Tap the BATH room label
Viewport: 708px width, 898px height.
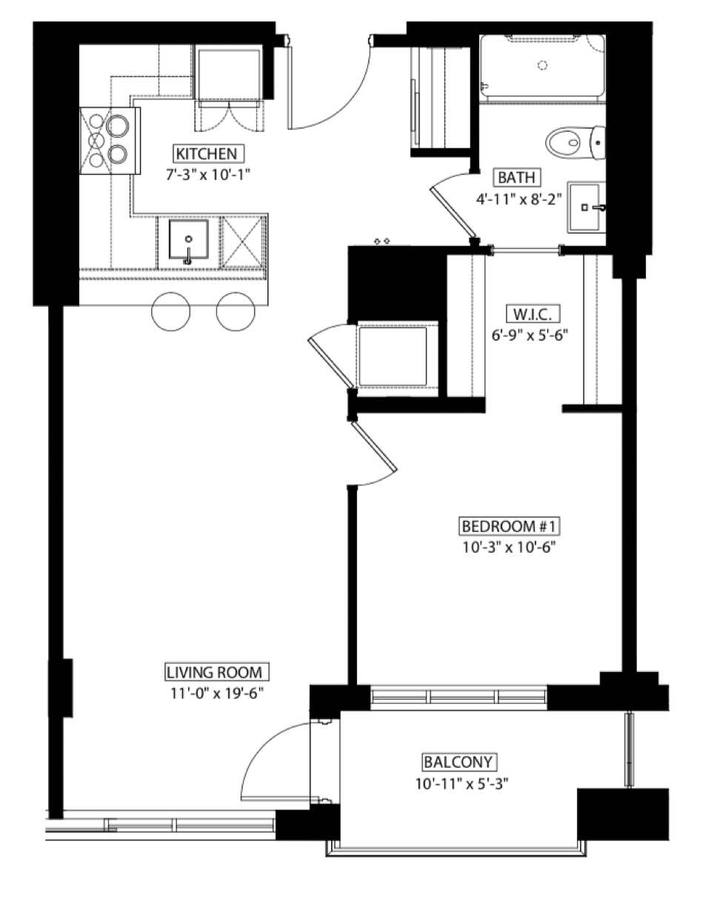(x=516, y=177)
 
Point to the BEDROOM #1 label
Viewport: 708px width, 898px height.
(x=509, y=526)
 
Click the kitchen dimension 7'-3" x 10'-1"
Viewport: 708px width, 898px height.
(x=207, y=174)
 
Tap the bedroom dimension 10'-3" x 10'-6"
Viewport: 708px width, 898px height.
(x=509, y=547)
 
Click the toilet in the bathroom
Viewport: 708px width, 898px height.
(x=575, y=142)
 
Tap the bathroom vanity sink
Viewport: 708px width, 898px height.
(x=587, y=207)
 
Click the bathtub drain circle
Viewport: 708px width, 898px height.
(x=542, y=64)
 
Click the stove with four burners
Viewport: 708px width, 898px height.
(x=110, y=141)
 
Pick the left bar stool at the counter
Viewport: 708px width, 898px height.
(x=170, y=311)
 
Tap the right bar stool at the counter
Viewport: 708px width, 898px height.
(x=236, y=311)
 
